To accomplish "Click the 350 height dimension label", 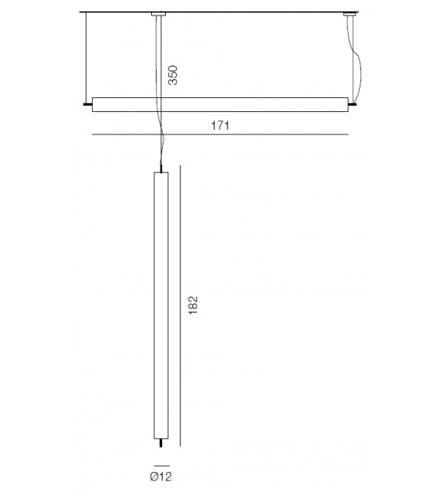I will (x=174, y=73).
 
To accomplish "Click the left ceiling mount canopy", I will (x=159, y=14).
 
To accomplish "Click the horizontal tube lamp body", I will (x=220, y=104).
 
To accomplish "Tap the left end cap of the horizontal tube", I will (x=86, y=103).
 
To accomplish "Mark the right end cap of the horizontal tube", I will (x=353, y=103).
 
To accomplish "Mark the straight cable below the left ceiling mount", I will (x=160, y=54).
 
